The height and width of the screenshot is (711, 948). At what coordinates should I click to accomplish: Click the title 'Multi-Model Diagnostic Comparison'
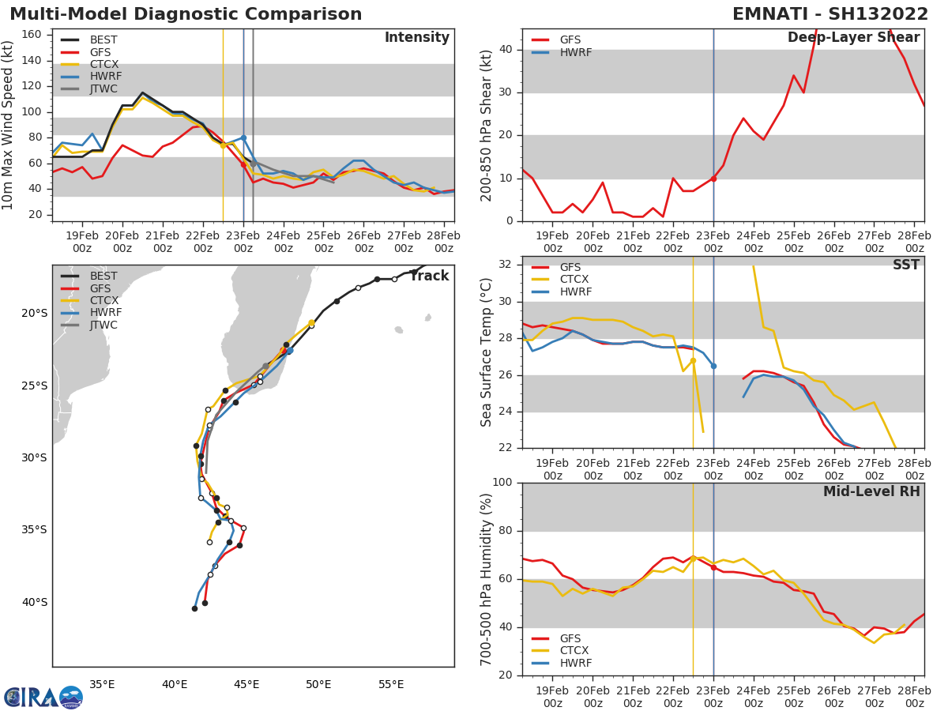(x=186, y=14)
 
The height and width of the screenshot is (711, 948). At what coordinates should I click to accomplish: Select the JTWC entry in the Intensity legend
(x=103, y=88)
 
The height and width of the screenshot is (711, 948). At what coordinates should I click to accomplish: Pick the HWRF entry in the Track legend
(x=105, y=313)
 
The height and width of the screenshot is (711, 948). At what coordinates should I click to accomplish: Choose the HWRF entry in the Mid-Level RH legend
(x=574, y=663)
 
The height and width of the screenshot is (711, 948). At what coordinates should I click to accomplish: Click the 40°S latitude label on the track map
(x=34, y=603)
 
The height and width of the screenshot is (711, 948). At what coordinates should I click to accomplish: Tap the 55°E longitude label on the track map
(x=391, y=685)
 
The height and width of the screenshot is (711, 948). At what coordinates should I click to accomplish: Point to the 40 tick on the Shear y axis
(x=506, y=50)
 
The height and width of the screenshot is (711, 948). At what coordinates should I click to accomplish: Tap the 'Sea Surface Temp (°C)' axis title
(x=487, y=352)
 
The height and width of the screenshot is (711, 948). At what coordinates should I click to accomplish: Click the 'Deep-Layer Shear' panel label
(x=853, y=38)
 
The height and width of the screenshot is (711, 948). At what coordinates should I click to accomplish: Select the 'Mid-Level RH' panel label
(x=871, y=491)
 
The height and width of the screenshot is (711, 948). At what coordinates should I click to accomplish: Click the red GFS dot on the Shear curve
(x=713, y=179)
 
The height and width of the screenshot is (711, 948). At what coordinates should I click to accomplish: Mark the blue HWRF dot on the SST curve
(x=713, y=366)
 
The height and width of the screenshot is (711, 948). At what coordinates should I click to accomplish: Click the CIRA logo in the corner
(x=43, y=697)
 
